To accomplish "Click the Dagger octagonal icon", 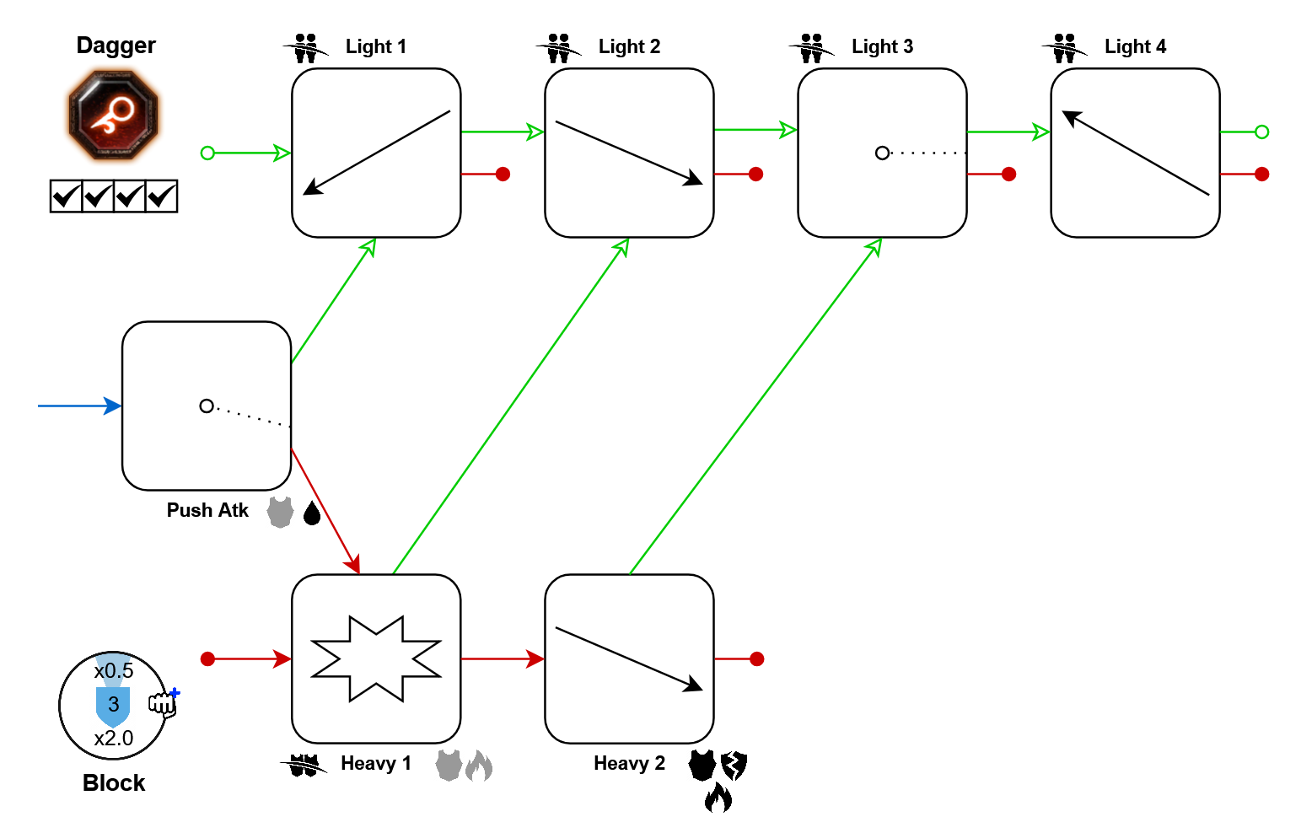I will coord(114,116).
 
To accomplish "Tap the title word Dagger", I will coord(116,46).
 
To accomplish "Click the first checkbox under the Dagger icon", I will coord(66,196).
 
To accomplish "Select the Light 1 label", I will coord(375,46).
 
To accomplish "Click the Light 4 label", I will coord(1135,46).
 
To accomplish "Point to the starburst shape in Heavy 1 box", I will coord(376,658).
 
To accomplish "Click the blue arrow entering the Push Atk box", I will coord(79,406).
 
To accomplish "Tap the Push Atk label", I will coord(207,510).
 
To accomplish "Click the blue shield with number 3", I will coord(113,706).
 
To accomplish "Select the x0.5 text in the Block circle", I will coord(114,671).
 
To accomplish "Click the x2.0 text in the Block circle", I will coord(114,739).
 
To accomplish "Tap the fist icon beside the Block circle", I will coord(163,703).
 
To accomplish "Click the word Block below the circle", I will coord(114,783).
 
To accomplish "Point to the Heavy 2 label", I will coord(629,763).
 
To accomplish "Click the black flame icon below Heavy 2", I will coord(718,797).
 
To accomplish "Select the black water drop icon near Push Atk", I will coord(312,513).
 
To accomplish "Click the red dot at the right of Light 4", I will coord(1261,174).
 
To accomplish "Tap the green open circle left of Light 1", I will coord(207,153).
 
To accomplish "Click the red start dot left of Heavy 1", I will coord(207,658).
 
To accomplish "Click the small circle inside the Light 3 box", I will coord(882,153).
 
